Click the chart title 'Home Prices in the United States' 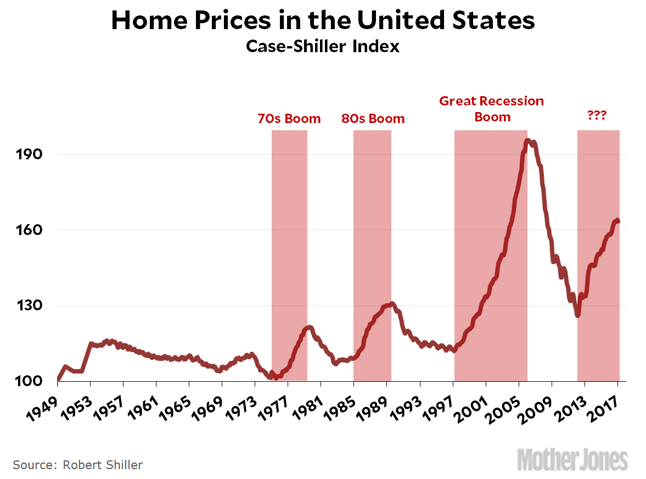pos(323,21)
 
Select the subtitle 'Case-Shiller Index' pos(323,47)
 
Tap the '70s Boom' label pos(289,119)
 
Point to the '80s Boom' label pos(373,119)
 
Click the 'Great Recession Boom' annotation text pos(492,109)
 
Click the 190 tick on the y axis pos(27,154)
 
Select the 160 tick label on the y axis pos(27,230)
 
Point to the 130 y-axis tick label pos(27,305)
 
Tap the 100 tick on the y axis pos(27,381)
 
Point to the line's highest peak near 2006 pos(527,141)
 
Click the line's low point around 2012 pos(577,315)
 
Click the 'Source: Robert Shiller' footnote pos(77,465)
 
